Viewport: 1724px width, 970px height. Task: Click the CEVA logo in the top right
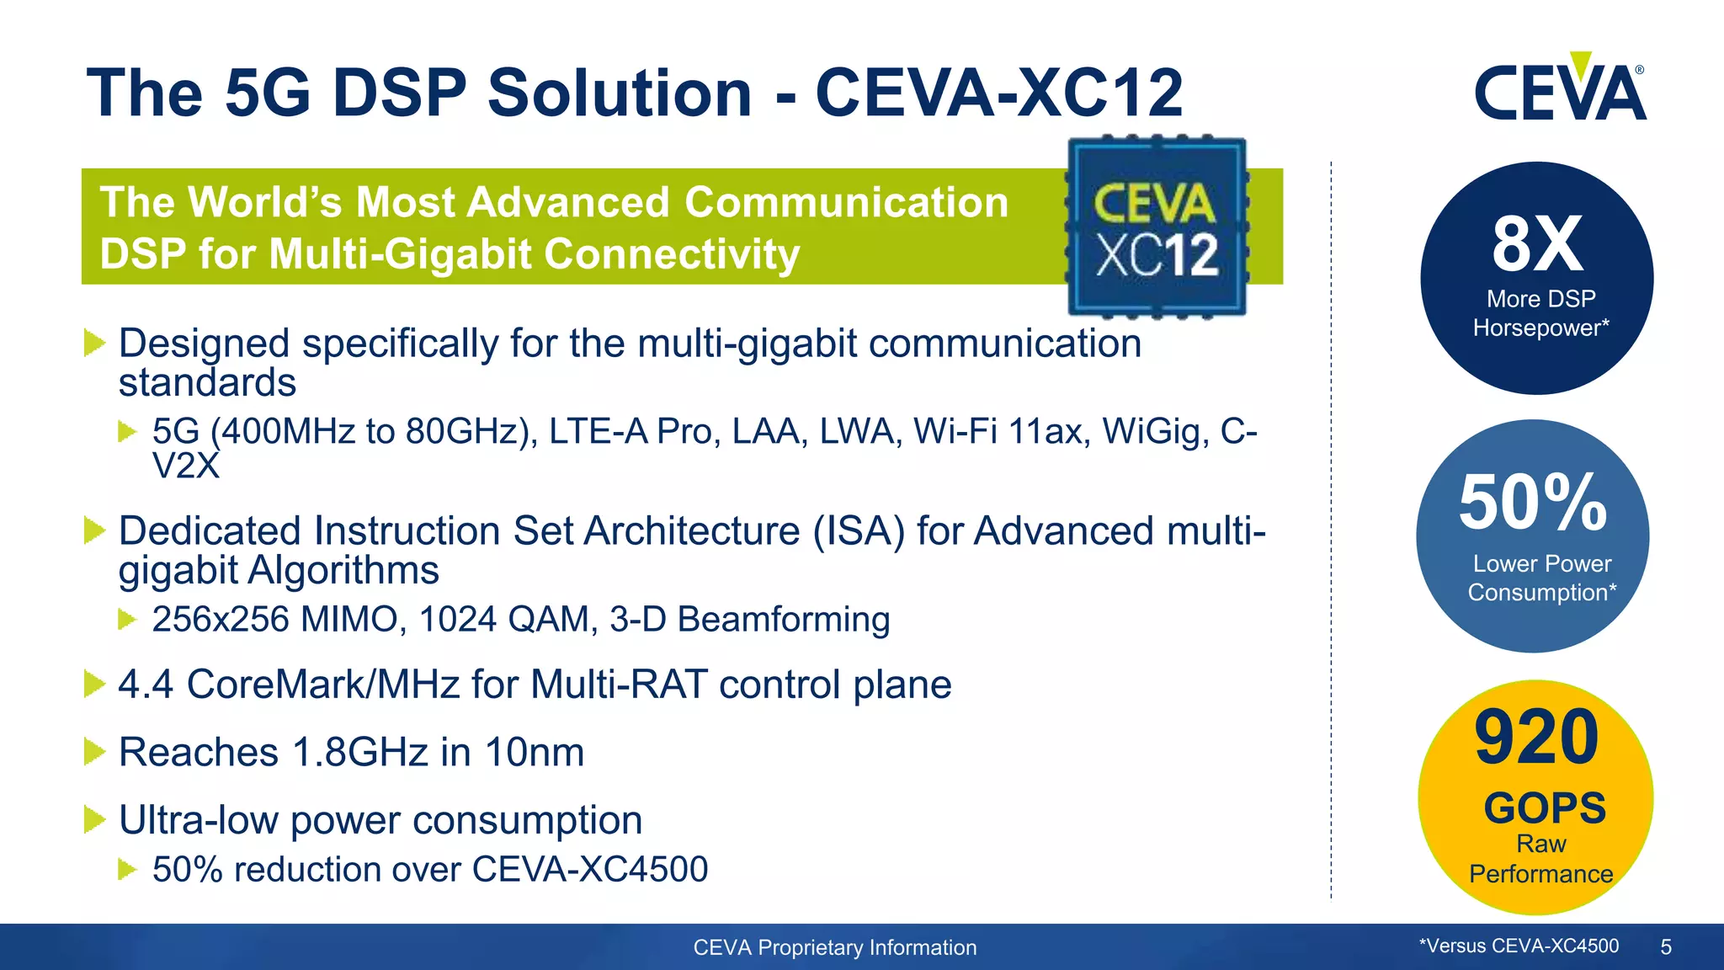[1560, 91]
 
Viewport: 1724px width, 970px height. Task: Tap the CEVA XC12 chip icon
[1157, 227]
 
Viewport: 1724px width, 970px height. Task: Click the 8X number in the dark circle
[1537, 244]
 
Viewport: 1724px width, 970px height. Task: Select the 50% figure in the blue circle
[1533, 503]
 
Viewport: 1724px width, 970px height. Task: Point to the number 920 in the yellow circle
[1536, 738]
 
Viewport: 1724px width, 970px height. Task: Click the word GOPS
[1545, 808]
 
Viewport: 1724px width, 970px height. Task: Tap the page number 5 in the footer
[1665, 947]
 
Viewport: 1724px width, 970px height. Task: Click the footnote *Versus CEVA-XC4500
[1519, 946]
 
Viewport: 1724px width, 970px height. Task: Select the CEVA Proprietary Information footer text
[834, 947]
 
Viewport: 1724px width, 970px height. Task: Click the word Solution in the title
[620, 93]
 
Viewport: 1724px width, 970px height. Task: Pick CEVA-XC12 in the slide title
[999, 93]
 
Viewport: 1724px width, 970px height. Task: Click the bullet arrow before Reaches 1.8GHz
[95, 752]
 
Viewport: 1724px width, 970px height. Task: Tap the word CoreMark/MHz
[322, 685]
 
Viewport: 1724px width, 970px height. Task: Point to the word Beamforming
[783, 620]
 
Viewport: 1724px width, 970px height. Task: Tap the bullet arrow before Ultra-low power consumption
[95, 820]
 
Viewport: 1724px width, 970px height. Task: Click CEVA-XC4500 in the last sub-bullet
[589, 870]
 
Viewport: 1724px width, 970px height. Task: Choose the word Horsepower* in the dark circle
[1540, 328]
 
